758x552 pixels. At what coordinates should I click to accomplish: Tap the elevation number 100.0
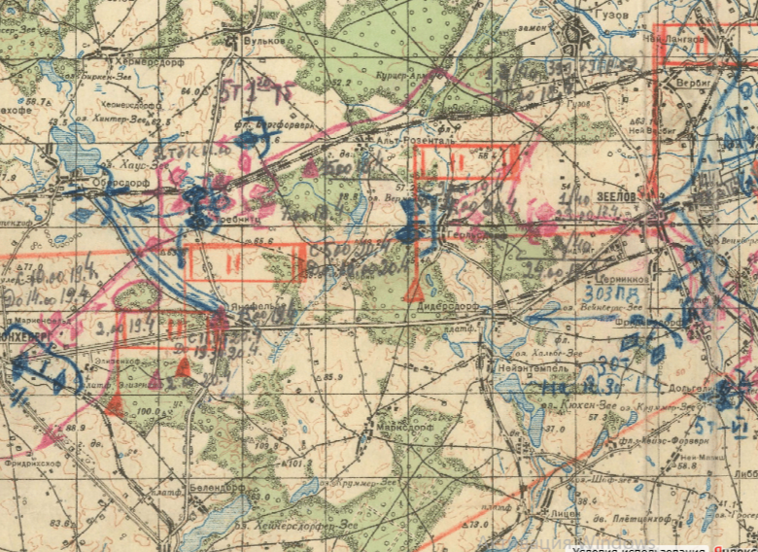click(x=148, y=412)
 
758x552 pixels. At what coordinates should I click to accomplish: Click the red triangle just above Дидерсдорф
click(x=414, y=290)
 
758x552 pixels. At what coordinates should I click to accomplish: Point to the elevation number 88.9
click(x=75, y=429)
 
